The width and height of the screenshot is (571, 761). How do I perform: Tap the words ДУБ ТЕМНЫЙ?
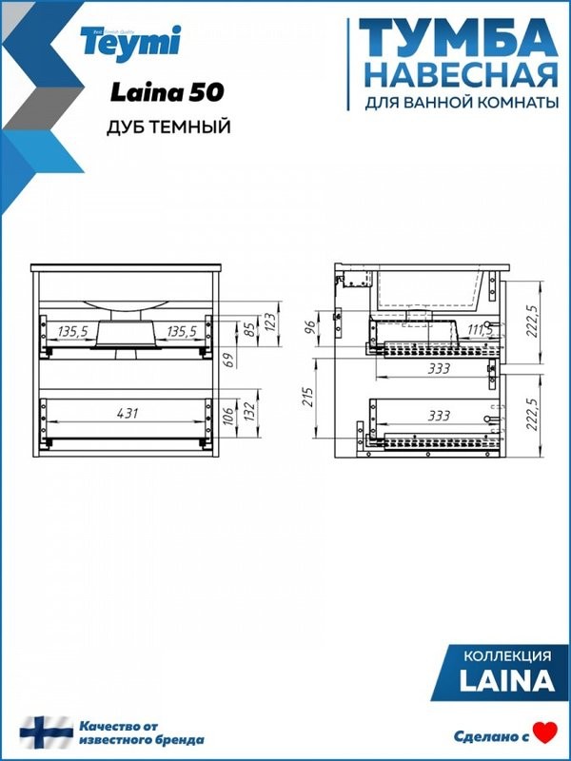pyautogui.click(x=168, y=127)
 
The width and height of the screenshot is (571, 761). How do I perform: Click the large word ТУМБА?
pyautogui.click(x=458, y=39)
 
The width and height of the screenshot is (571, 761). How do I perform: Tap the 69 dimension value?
pyautogui.click(x=227, y=360)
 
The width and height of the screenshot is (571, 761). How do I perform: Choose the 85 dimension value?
pyautogui.click(x=250, y=332)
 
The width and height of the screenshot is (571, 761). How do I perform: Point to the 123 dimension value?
pyautogui.click(x=270, y=321)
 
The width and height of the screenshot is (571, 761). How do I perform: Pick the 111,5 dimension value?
pyautogui.click(x=479, y=330)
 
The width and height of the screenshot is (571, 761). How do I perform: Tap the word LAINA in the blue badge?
pyautogui.click(x=507, y=681)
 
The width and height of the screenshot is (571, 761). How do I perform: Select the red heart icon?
pyautogui.click(x=544, y=732)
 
